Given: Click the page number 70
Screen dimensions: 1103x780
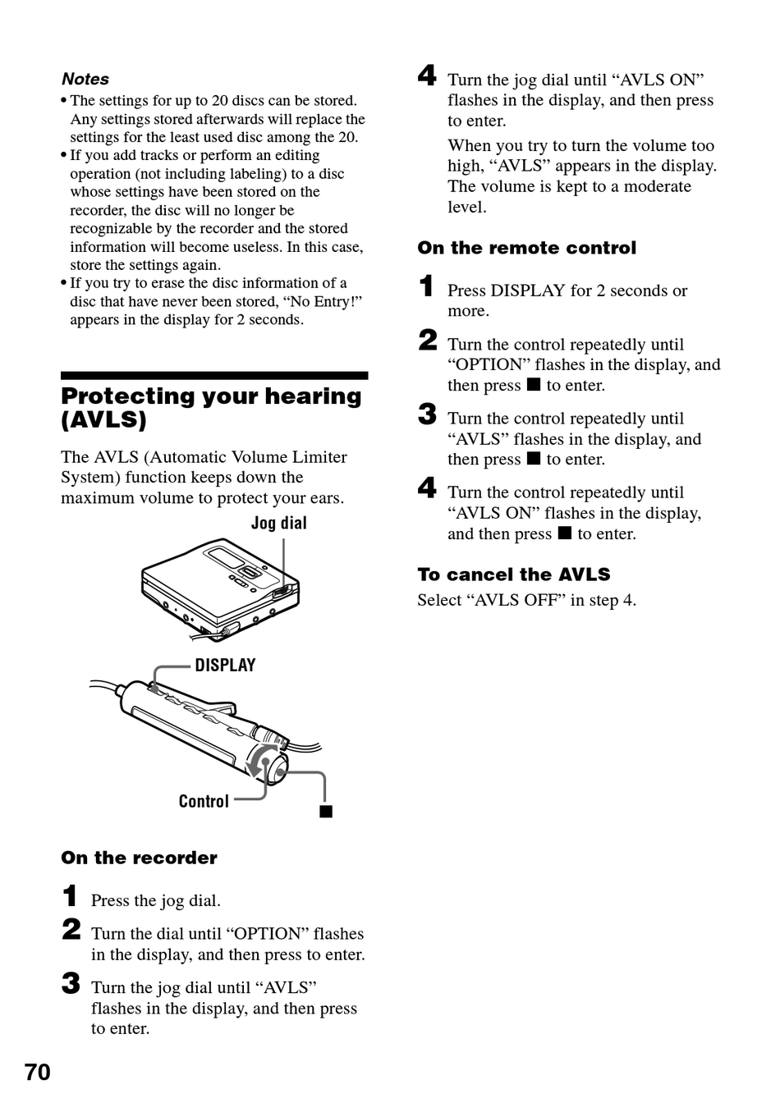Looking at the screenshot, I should [x=37, y=1072].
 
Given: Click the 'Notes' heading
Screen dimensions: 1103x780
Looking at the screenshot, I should [x=85, y=79].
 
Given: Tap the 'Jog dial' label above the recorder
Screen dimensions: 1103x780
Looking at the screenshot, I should [x=278, y=523].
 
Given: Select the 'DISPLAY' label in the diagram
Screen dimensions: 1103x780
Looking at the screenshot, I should [x=225, y=665].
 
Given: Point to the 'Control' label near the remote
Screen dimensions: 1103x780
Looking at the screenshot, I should [x=204, y=801].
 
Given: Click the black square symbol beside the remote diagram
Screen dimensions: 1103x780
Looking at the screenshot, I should [x=326, y=812].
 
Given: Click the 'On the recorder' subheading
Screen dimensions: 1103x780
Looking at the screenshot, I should [x=139, y=858].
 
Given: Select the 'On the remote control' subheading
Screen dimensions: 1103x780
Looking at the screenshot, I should [x=526, y=248].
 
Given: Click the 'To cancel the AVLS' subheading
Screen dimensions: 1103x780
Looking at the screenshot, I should [x=514, y=574].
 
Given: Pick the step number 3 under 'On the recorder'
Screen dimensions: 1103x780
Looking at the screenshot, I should [x=71, y=983].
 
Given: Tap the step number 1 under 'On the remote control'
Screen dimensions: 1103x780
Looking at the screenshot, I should [x=426, y=286].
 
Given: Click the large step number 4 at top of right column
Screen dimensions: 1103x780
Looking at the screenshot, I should [x=427, y=76].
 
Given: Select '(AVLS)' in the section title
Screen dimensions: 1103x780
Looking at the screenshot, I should [x=103, y=420].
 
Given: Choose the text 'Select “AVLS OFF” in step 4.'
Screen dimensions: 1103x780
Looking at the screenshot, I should [x=526, y=600].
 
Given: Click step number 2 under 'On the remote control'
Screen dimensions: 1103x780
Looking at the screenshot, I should [x=427, y=340].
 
